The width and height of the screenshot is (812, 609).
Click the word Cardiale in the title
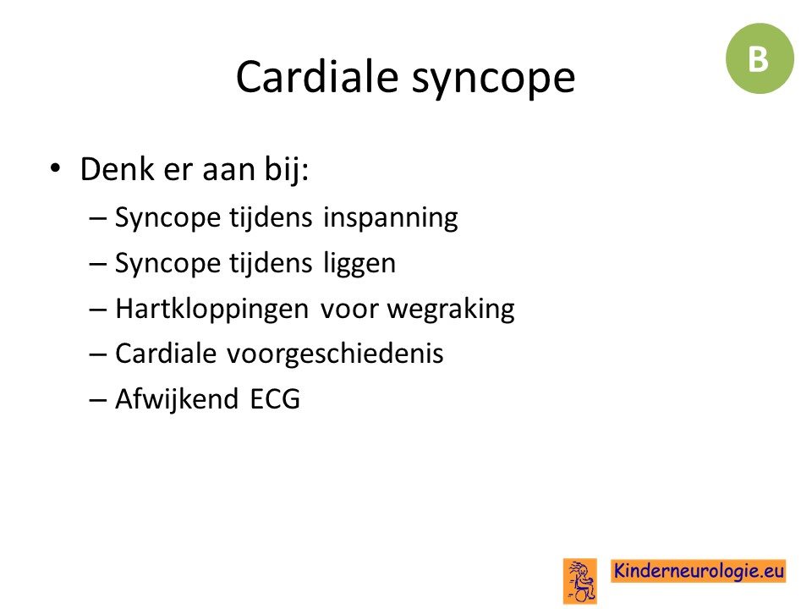coord(317,77)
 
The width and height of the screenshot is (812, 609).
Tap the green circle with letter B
coord(760,58)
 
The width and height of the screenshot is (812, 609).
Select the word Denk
coord(117,169)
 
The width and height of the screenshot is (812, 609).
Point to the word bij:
coord(287,170)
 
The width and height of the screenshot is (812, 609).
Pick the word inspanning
coord(391,218)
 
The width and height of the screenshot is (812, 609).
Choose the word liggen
coord(359,264)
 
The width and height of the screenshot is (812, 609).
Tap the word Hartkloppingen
coord(211,310)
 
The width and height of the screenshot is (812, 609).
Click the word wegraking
coord(451,310)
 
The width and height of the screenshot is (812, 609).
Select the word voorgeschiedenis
coord(335,354)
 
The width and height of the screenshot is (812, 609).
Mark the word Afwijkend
coord(177,400)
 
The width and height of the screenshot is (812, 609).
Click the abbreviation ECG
coord(275,399)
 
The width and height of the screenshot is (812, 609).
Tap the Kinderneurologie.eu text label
coord(699,571)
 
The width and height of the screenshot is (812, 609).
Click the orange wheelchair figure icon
coord(580,581)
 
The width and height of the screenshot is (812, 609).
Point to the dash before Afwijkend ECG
coord(98,400)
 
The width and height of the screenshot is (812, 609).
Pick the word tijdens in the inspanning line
coord(271,217)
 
